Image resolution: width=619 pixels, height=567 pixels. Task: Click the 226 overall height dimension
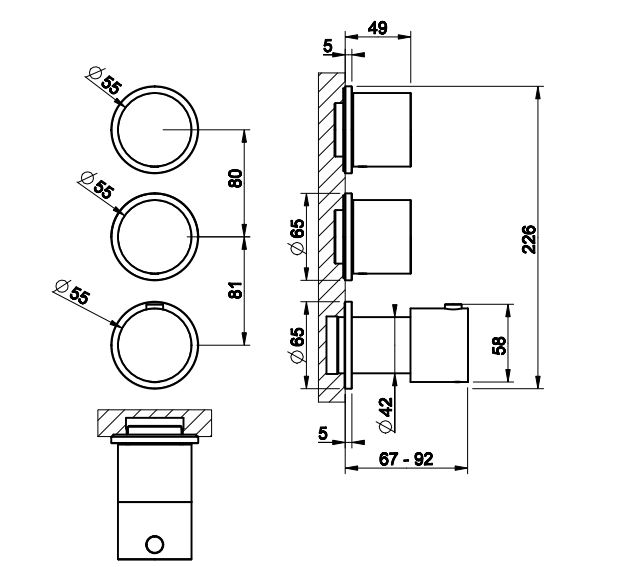(530, 240)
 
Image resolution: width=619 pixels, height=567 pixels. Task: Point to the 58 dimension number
(500, 345)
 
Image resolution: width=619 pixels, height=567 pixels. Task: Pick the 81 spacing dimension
(236, 291)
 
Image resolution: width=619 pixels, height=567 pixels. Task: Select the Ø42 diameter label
(384, 412)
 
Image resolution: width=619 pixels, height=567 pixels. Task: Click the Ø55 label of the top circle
(106, 80)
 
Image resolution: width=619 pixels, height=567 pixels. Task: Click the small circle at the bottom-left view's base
(155, 544)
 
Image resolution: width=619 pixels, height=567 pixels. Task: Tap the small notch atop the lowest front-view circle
(154, 303)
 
